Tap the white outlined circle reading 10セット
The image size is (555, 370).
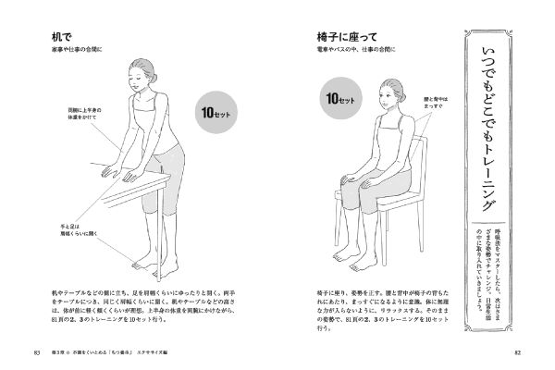coord(334,97)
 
